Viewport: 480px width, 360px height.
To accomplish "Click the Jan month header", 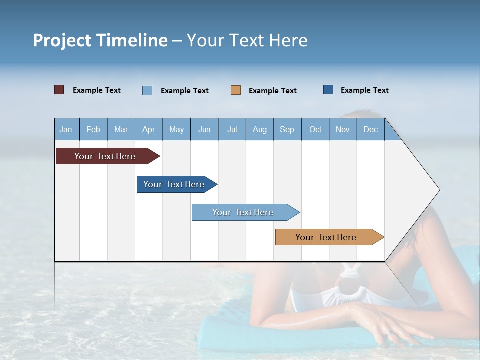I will tap(66, 129).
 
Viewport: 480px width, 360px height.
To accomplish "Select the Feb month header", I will tap(93, 129).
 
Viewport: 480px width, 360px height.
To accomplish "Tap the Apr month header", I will tap(148, 129).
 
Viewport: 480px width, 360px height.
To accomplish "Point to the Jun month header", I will tap(204, 129).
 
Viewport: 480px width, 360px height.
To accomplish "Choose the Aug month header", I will tap(259, 129).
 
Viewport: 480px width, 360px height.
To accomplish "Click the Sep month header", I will tap(287, 129).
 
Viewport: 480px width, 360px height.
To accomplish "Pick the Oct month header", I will tap(315, 129).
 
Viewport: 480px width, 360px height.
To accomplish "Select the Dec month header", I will tap(370, 129).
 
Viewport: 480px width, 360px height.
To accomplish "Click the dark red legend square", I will tap(59, 90).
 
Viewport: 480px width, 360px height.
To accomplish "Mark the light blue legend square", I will tap(147, 90).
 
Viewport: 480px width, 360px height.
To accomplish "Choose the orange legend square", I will tap(236, 90).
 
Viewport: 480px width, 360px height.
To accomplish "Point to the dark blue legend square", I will tap(328, 90).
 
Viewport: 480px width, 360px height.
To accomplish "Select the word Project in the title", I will tap(62, 40).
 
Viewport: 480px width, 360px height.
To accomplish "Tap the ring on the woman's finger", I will tap(389, 333).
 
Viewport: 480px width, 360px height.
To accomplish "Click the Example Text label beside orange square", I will tap(272, 91).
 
